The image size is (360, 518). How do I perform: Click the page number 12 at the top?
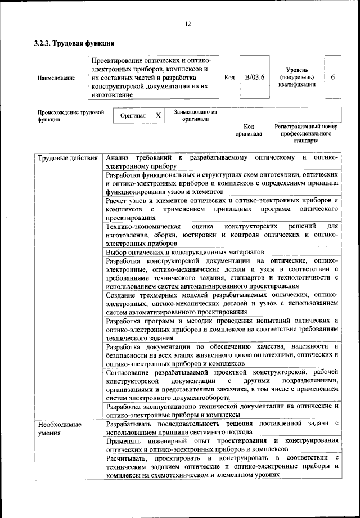[187, 24]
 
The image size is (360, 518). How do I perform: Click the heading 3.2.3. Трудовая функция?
[75, 43]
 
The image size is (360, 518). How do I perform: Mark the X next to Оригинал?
[159, 115]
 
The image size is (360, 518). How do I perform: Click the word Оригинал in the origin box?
[133, 116]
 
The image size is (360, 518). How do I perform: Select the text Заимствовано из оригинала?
[195, 115]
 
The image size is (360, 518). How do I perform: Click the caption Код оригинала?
[249, 130]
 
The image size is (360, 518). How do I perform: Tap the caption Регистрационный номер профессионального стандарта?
[305, 134]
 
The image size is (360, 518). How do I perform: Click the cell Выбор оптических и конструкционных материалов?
[185, 252]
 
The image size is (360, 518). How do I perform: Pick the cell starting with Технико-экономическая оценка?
[222, 235]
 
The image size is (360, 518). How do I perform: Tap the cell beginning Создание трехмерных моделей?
[222, 303]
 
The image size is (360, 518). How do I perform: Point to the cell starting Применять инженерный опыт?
[222, 444]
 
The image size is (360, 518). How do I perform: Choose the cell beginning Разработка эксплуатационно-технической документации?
[222, 410]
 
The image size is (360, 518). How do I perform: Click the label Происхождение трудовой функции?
[70, 116]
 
